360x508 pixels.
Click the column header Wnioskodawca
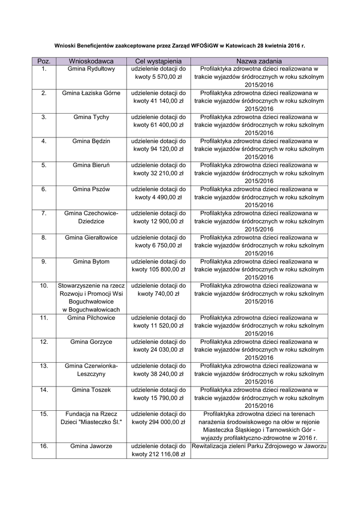pos(91,61)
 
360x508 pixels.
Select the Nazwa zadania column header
pos(259,61)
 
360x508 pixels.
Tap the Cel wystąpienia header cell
pos(158,61)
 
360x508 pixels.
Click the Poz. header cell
pos(44,61)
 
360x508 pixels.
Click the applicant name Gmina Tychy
pos(91,117)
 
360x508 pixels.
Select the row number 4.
pos(44,141)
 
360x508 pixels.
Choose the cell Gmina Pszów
pos(91,190)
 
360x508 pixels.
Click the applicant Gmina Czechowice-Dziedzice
pos(91,217)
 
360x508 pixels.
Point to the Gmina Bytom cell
pos(91,261)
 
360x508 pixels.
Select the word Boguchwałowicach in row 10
pos(91,310)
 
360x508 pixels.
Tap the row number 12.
pos(44,342)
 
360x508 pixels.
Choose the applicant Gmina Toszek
pos(91,390)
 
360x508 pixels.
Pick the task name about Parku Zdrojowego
pos(259,446)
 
